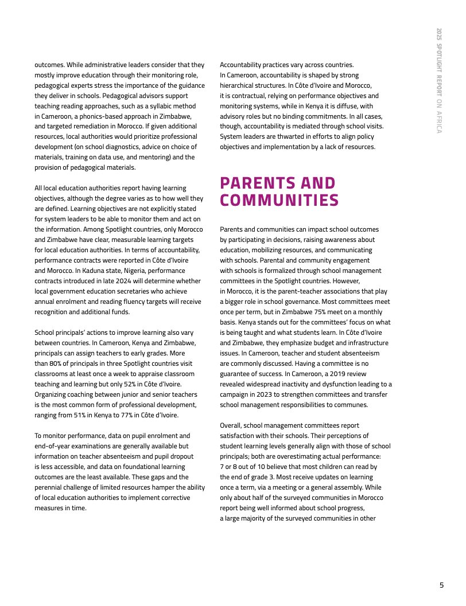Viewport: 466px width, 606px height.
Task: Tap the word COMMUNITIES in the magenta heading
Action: (279, 201)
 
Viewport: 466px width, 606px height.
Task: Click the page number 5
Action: (441, 585)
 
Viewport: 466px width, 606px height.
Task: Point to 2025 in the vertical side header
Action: (438, 34)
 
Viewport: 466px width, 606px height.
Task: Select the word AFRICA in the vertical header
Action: (438, 122)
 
